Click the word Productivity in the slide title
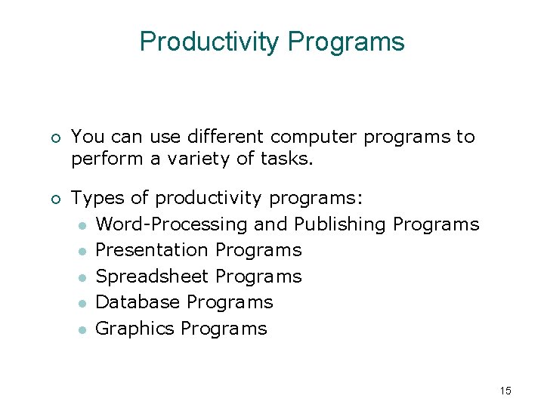209,42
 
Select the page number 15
505,391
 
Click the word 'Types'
97,199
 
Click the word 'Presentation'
153,250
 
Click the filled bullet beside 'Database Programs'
82,303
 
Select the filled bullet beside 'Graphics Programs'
82,329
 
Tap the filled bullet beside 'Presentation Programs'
82,251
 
